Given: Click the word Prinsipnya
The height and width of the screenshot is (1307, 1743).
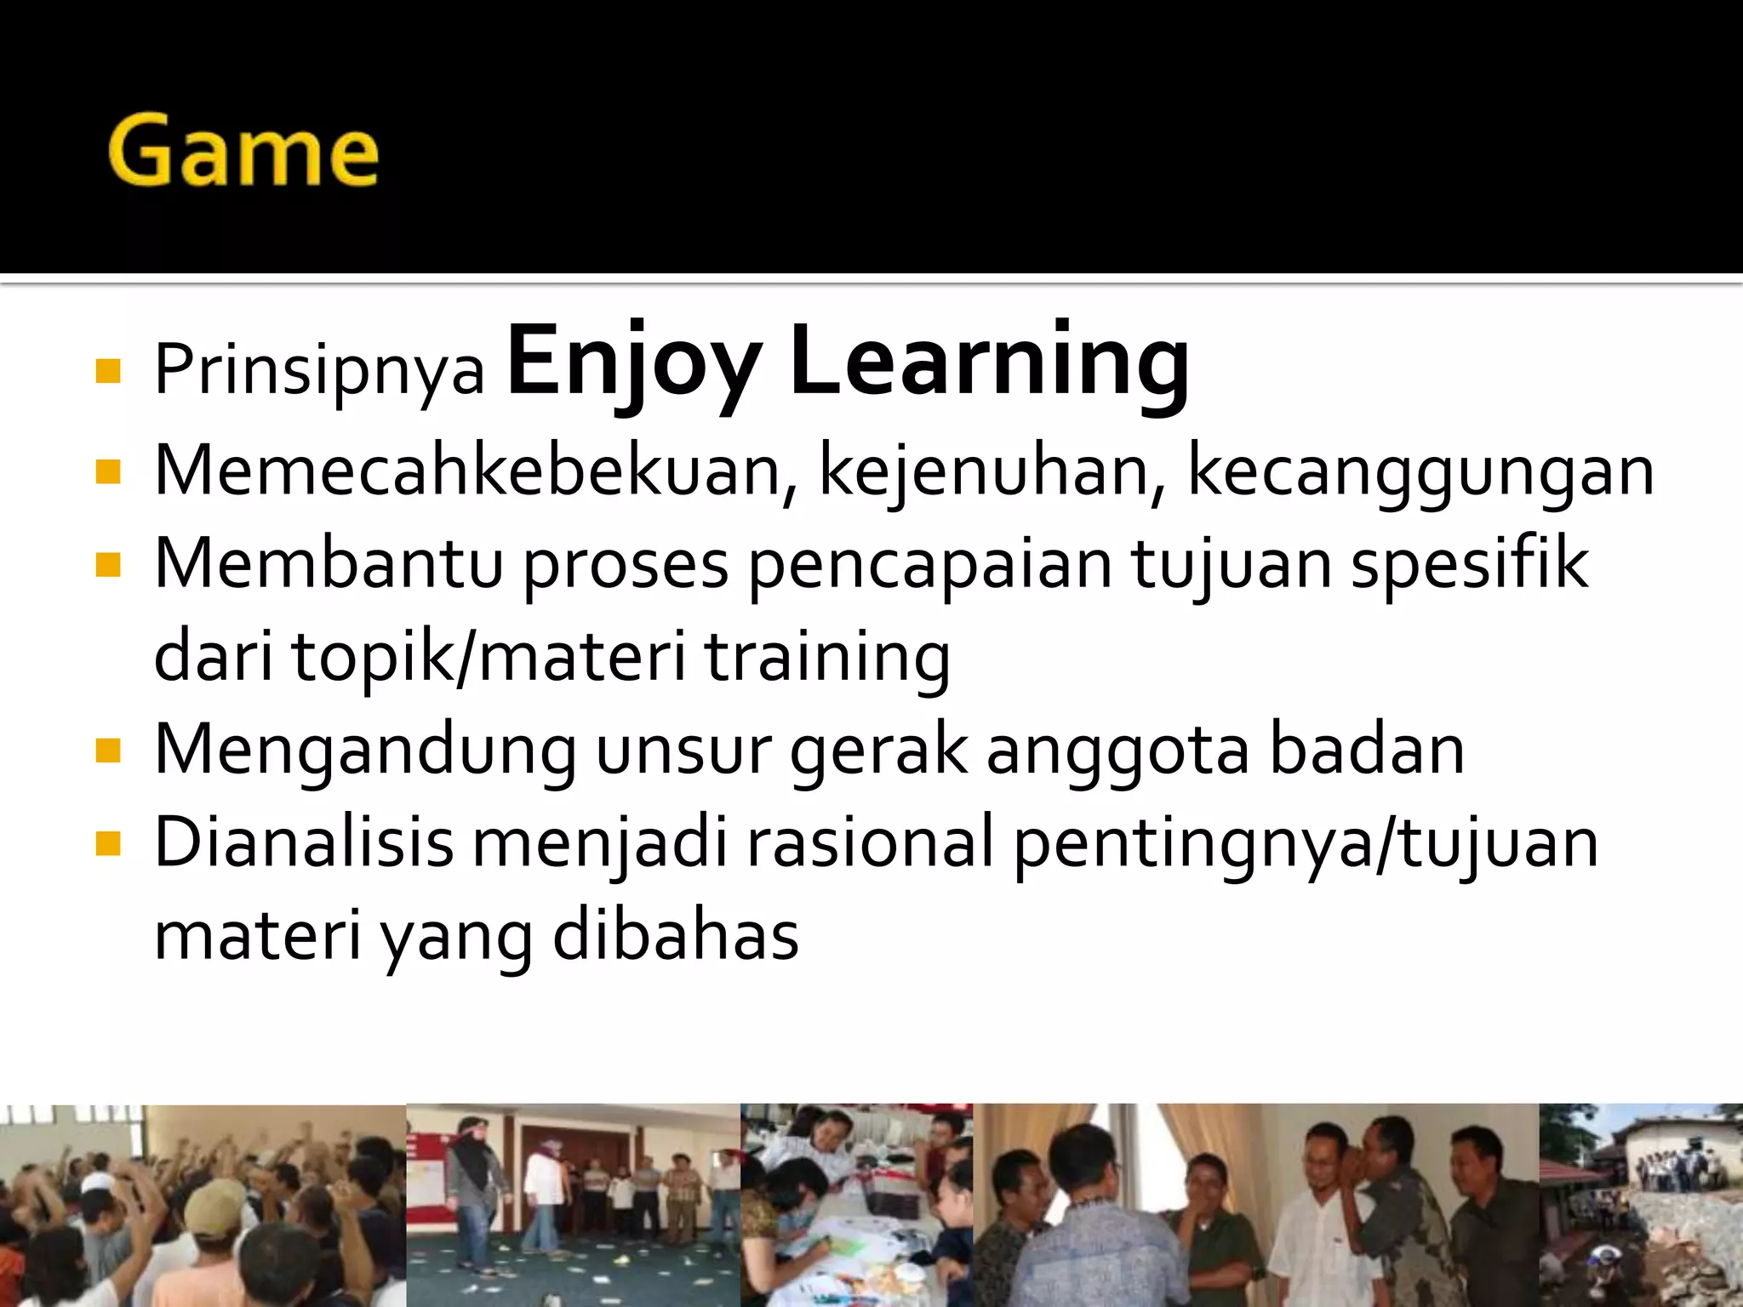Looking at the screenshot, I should (319, 370).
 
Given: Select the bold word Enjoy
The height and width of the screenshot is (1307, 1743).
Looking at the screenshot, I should (634, 362).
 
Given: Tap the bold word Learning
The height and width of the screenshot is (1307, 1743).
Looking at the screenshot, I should (989, 362).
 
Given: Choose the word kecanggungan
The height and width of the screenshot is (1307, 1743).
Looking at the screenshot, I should (1420, 472).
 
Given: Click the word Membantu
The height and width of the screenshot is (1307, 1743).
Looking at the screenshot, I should (329, 563).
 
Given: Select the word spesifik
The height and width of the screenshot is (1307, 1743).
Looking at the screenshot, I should (1469, 563).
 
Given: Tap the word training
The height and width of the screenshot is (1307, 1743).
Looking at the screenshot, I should (827, 658).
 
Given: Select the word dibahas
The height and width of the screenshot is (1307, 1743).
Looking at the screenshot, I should (676, 936).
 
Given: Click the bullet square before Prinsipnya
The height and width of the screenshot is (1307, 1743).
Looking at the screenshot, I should (108, 372).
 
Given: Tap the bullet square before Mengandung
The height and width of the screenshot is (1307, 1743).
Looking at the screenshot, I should (108, 751).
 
